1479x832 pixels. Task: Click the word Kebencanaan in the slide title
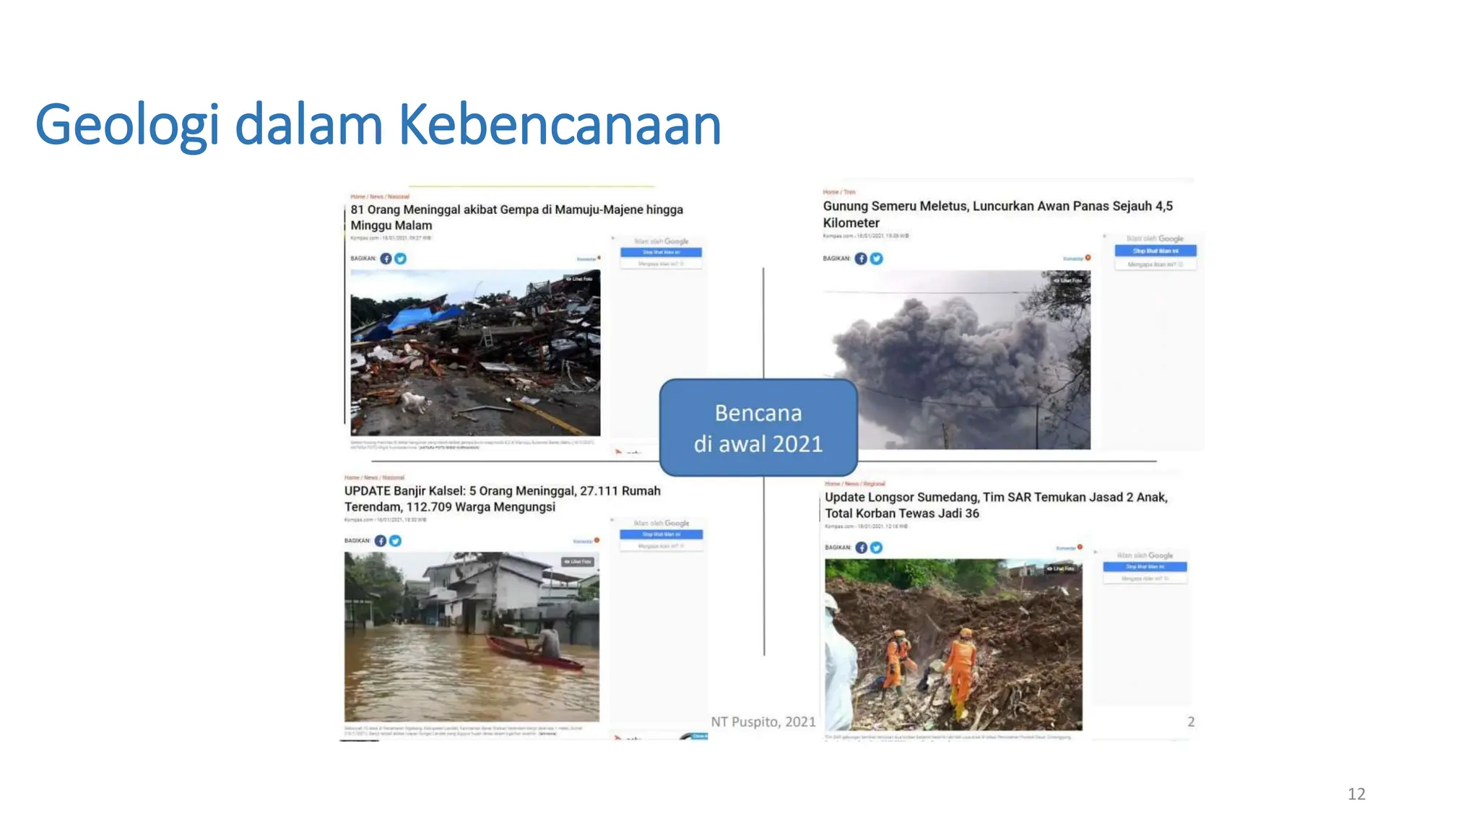tap(560, 125)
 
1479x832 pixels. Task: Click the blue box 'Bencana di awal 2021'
tap(758, 428)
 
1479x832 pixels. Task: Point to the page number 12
tap(1356, 794)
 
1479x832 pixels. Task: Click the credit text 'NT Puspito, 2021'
tap(763, 721)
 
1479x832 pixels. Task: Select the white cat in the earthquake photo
tap(412, 401)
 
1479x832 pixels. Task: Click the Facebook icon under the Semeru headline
tap(861, 259)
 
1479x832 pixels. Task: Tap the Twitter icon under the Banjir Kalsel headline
tap(395, 540)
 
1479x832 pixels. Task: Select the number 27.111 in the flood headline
tap(599, 491)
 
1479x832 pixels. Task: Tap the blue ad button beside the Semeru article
tap(1155, 251)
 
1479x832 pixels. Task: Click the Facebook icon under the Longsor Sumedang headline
tap(862, 547)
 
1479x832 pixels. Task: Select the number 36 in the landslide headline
tap(971, 513)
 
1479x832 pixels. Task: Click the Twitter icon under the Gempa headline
tap(401, 259)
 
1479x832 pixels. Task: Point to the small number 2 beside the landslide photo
tap(1191, 721)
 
